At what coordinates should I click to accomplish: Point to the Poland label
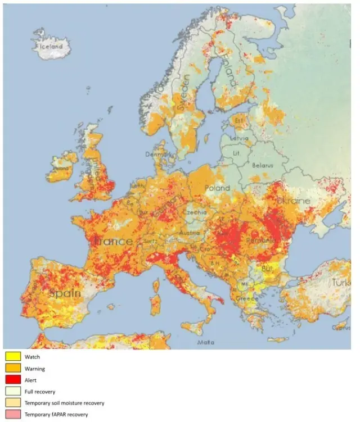217,188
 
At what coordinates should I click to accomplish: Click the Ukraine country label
290,201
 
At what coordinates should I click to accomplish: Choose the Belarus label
262,165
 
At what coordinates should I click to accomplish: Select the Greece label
246,299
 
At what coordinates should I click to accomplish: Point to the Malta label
205,341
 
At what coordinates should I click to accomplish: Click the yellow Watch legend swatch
13,357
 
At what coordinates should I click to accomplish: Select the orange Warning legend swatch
13,369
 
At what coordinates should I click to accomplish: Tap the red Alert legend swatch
13,380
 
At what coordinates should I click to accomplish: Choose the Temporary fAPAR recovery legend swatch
13,415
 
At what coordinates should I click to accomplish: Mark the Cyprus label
340,326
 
